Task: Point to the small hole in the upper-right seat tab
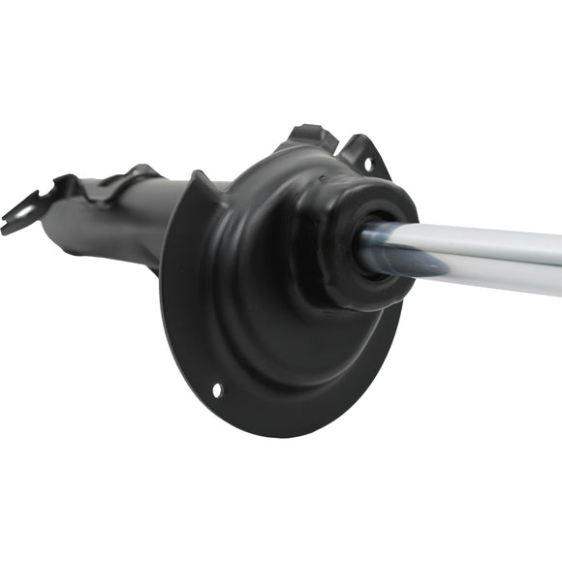tap(367, 164)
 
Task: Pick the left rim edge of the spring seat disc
tap(167, 291)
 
